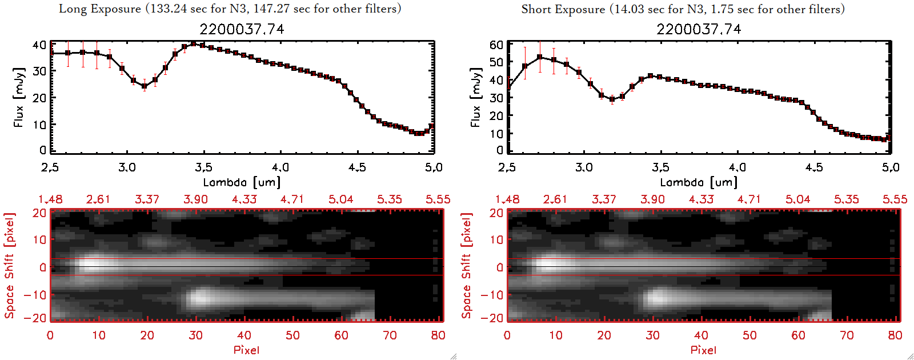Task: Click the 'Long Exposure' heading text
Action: [x=100, y=9]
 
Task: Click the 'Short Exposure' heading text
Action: [x=563, y=9]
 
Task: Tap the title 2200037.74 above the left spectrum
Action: [x=242, y=29]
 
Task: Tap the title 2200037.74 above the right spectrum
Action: [x=699, y=29]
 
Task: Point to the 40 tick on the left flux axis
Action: [x=39, y=45]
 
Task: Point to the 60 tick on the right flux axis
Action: [x=496, y=45]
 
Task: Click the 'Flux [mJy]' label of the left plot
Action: [x=19, y=97]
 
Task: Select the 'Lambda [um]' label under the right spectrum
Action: [x=699, y=182]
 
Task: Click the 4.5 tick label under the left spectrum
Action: [x=357, y=167]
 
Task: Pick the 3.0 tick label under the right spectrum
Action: [x=584, y=167]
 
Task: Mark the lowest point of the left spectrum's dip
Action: [x=145, y=86]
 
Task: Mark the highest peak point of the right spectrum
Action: [x=539, y=57]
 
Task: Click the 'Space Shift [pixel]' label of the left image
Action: [x=9, y=266]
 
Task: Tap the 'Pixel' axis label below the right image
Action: [x=703, y=350]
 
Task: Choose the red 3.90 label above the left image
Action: [x=195, y=199]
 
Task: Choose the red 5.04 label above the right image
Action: [x=797, y=199]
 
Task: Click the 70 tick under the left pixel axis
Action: [x=390, y=335]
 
